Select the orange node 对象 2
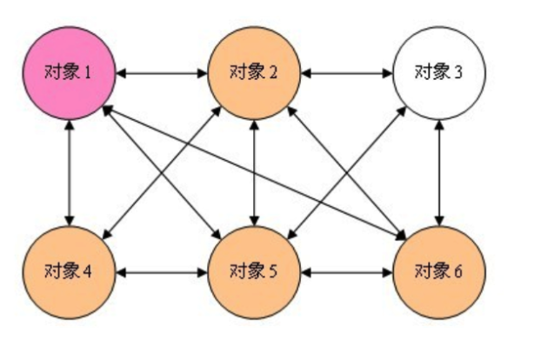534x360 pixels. click(254, 72)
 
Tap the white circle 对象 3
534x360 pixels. click(439, 72)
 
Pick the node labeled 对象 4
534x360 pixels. click(69, 270)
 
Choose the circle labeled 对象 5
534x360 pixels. click(254, 270)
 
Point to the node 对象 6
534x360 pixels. click(439, 270)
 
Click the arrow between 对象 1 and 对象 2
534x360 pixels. click(161, 72)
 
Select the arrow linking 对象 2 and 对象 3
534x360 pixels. click(346, 72)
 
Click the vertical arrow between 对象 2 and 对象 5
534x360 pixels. click(254, 171)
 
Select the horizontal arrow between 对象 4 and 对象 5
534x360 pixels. click(161, 271)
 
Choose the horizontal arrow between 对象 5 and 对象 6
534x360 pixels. click(346, 271)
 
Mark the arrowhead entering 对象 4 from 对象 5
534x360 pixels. click(120, 271)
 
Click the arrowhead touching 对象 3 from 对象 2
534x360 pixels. click(388, 72)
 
